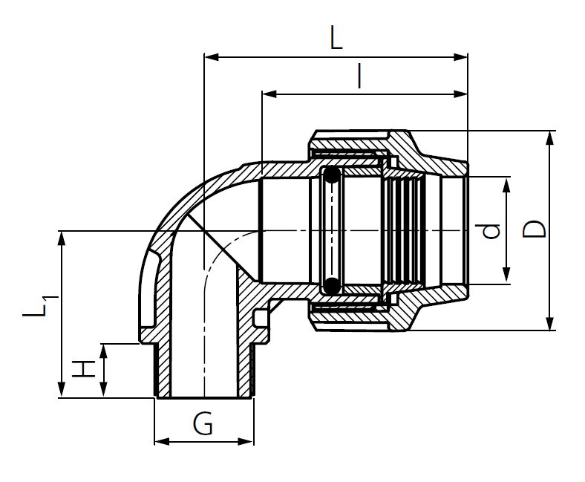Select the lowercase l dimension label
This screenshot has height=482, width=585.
pos(359,77)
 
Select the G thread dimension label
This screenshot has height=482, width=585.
pos(203,425)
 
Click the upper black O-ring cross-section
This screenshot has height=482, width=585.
pos(331,176)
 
